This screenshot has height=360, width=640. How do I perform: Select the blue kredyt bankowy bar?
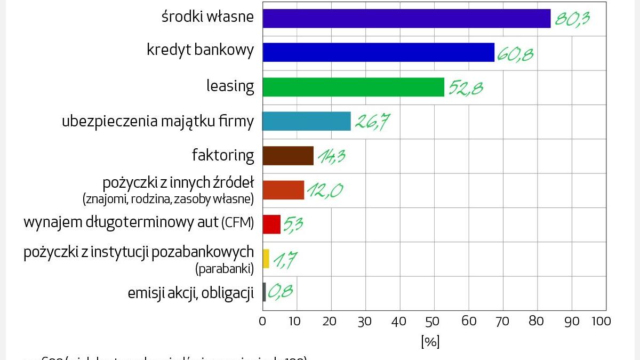379,52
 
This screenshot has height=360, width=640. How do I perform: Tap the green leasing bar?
353,87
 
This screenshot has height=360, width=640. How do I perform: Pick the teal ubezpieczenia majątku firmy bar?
307,121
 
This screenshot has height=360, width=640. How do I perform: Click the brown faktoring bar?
288,156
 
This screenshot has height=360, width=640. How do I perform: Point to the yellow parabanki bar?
266,259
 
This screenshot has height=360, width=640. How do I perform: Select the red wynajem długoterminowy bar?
271,224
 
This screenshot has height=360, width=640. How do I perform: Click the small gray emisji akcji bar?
264,292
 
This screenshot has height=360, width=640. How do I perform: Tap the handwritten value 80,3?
572,19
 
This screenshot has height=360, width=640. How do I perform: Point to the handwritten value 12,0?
325,190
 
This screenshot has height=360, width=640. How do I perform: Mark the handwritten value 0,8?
281,292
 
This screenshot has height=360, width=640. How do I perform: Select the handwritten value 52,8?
466,87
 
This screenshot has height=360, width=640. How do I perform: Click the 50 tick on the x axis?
434,321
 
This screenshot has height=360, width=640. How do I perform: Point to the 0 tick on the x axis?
262,321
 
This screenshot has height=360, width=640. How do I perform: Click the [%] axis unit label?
430,342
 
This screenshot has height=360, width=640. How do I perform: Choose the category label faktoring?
223,155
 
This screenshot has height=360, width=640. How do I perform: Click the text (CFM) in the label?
237,223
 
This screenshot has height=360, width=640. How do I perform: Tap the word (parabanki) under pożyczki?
225,269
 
